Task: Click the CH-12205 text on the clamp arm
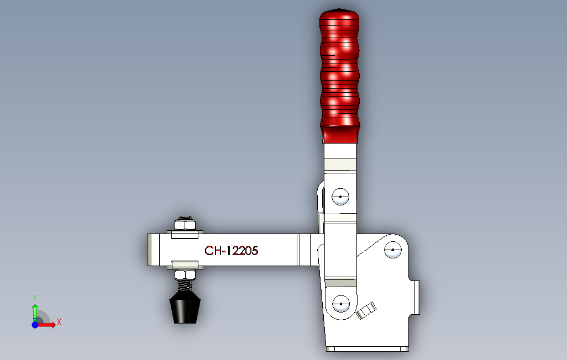[231, 251]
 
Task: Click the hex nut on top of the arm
[185, 224]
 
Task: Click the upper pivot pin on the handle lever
[341, 197]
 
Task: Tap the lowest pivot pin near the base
[341, 304]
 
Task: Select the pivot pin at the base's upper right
[392, 250]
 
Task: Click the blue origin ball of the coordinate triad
[35, 325]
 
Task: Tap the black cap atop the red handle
[338, 10]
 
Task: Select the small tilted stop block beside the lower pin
[366, 310]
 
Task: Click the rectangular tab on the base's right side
[415, 297]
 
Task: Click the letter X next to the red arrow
[59, 322]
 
